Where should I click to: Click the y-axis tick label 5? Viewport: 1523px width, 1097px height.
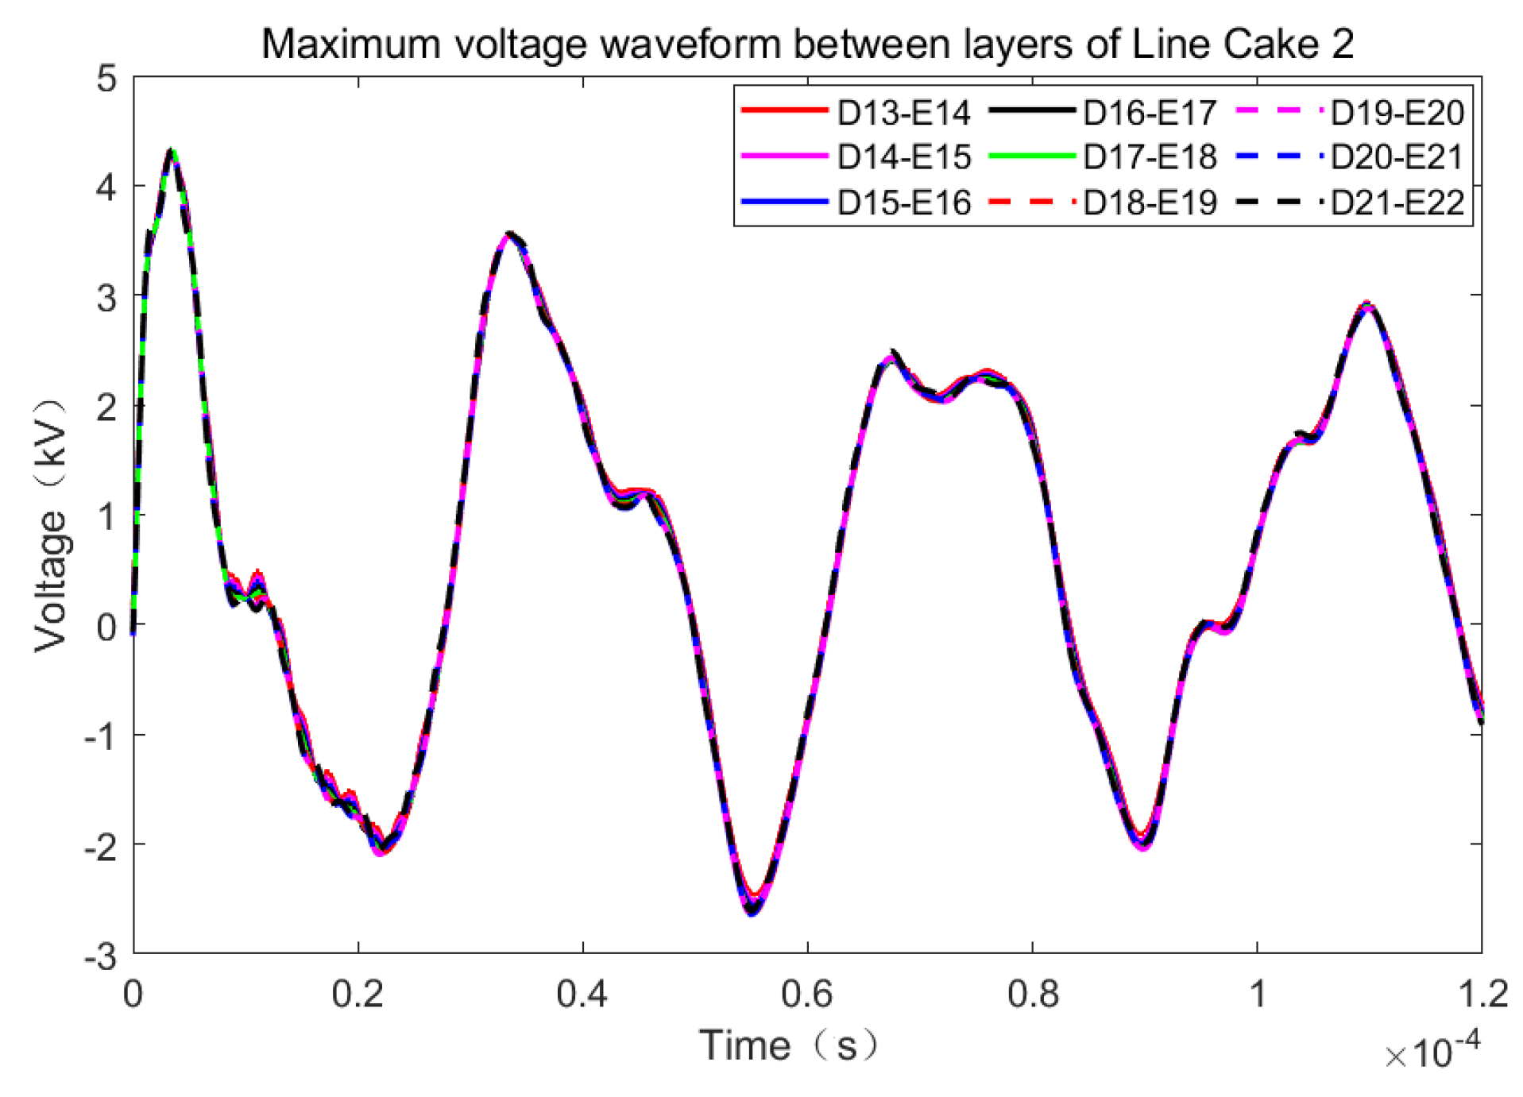point(106,79)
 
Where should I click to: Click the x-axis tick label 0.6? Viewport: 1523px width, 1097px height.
point(807,994)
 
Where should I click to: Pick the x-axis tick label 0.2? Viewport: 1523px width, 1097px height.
point(358,994)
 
